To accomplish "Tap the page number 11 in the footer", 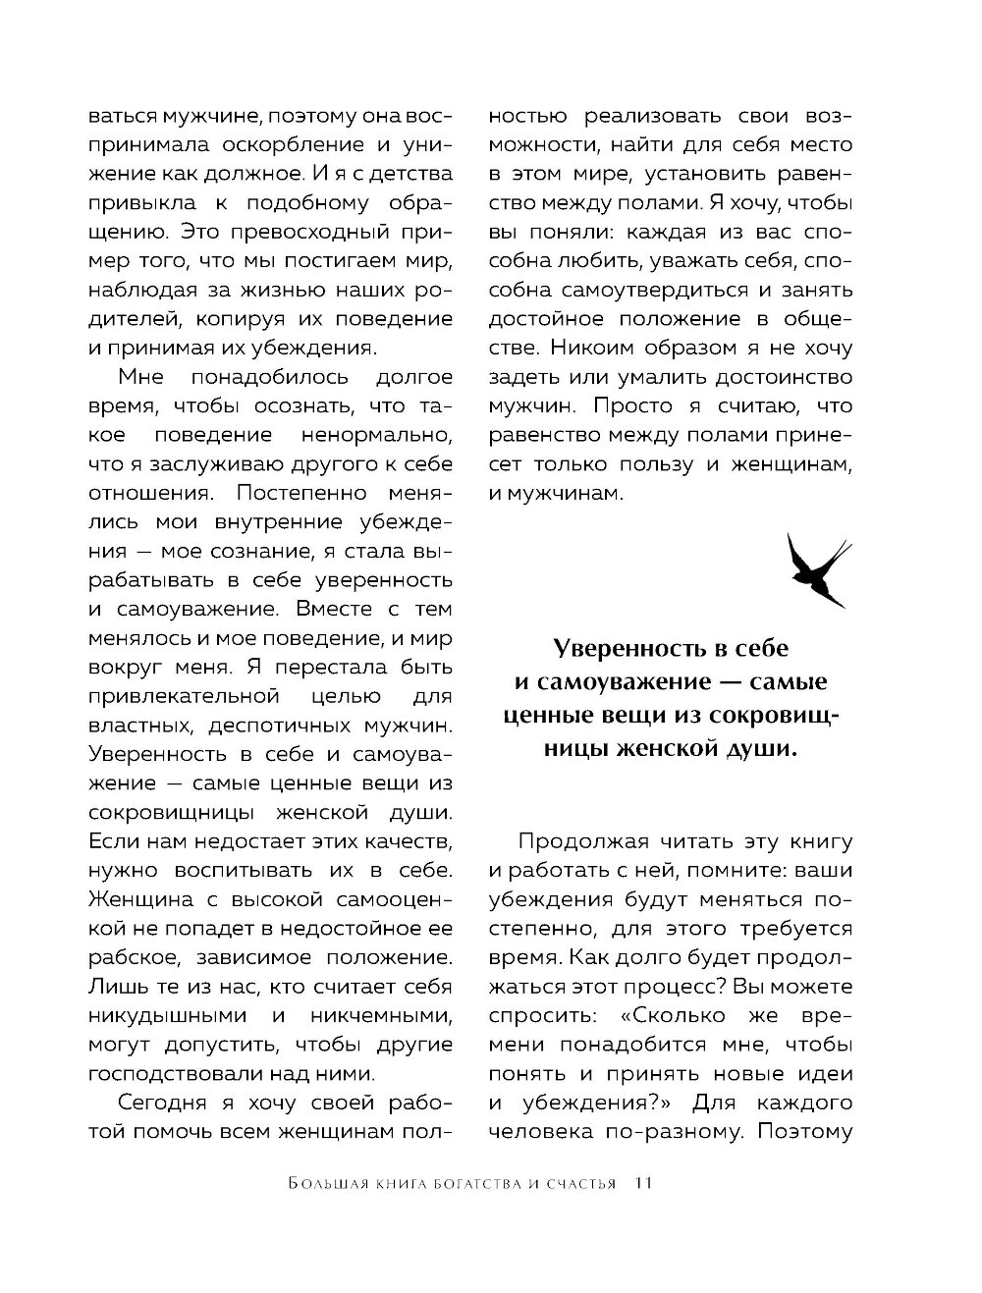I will (643, 1183).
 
